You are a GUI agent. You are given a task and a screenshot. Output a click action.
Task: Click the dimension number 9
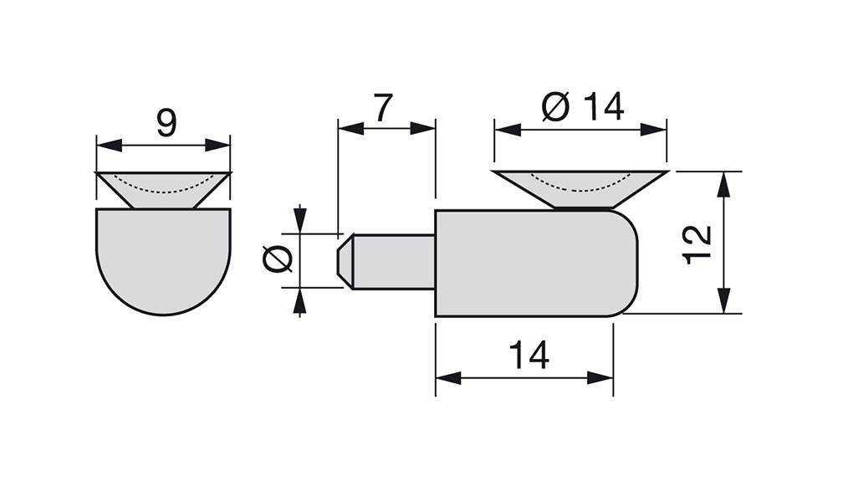coord(166,123)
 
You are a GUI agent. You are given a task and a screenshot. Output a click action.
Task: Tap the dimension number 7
coord(383,108)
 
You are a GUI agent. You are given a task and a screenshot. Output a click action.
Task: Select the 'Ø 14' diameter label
coord(582,106)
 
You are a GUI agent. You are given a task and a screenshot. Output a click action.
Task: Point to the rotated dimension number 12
coord(697,244)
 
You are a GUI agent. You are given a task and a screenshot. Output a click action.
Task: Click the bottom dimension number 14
coord(529,355)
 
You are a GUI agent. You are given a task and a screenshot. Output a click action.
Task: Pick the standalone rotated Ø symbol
coord(278,259)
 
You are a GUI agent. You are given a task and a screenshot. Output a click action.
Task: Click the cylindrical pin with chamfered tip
coord(386,262)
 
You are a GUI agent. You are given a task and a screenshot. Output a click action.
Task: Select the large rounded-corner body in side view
coord(537,264)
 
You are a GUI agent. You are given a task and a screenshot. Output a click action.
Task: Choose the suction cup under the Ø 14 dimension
coord(580,189)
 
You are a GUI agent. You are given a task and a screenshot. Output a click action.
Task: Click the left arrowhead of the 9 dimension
coord(109,145)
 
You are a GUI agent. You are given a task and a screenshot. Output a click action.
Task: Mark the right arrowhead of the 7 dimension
coord(423,128)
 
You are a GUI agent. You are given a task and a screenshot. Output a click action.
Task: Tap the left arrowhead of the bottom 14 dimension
coord(448,378)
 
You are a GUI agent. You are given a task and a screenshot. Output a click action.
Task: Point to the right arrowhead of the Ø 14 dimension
coord(654,130)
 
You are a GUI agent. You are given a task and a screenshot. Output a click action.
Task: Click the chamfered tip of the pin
coord(345,262)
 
